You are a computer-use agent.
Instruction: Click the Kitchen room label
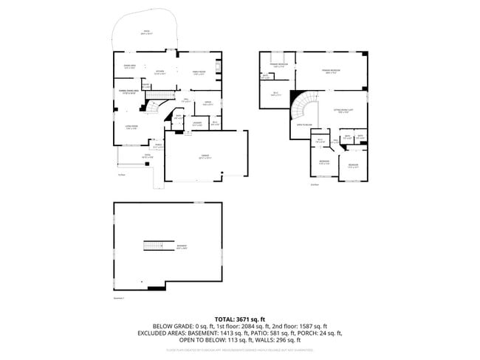point(160,72)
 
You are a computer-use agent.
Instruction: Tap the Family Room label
point(199,72)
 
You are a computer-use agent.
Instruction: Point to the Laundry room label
point(197,124)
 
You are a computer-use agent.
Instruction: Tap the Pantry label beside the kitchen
point(146,86)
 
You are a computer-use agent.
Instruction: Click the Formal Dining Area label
point(128,92)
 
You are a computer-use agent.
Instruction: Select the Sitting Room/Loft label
point(340,111)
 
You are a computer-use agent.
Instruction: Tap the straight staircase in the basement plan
point(156,246)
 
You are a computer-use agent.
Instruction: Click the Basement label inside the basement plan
point(181,246)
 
